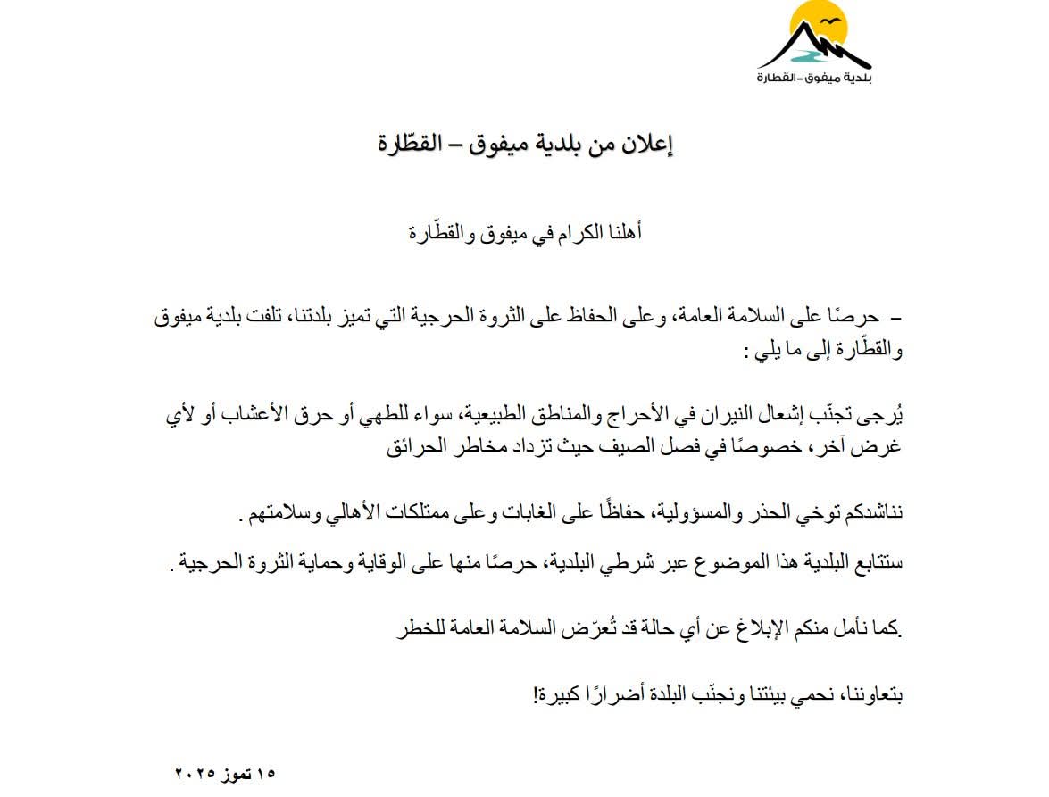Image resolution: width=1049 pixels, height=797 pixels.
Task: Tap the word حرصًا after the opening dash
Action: (x=852, y=316)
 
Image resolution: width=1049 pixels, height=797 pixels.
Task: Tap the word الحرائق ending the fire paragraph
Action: (x=420, y=448)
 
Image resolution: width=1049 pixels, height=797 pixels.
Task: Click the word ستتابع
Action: (x=880, y=564)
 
